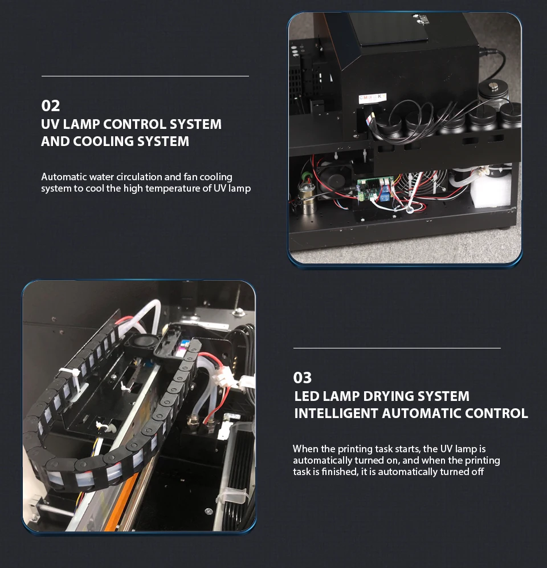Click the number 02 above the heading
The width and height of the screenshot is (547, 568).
(50, 106)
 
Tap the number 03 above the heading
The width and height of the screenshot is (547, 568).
(303, 378)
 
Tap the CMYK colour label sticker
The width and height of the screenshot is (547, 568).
(372, 98)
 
